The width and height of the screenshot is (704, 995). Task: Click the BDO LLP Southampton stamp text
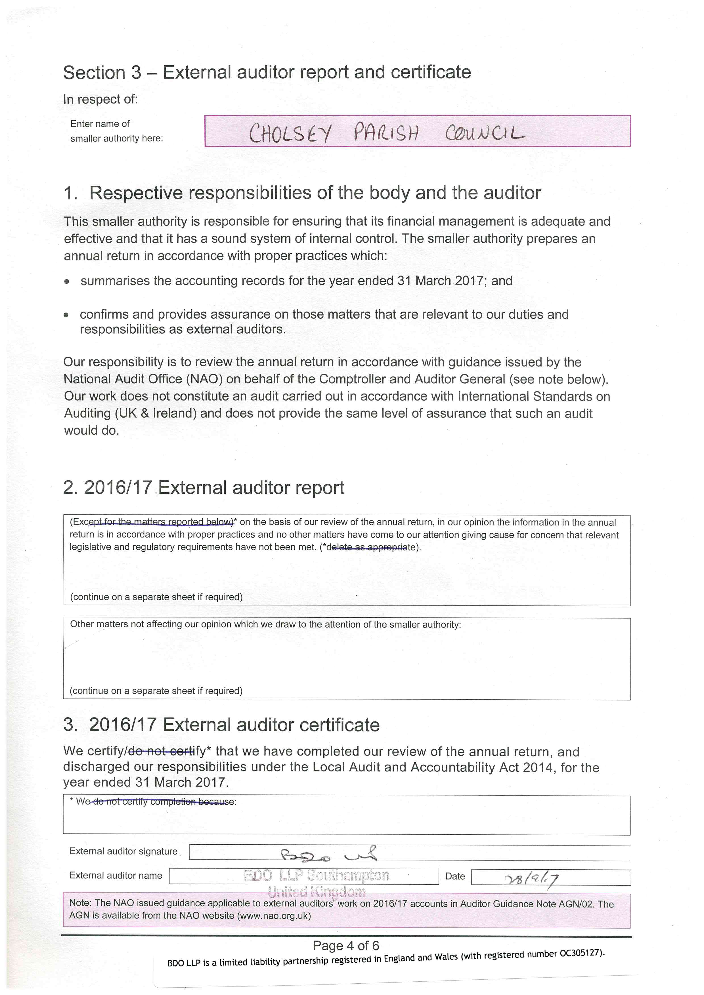coord(317,876)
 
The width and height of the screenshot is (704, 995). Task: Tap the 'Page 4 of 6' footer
coord(346,946)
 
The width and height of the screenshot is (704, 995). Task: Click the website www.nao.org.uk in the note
coord(274,916)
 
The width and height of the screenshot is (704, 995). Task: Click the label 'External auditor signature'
coord(123,851)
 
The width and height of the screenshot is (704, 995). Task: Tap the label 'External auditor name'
coord(116,875)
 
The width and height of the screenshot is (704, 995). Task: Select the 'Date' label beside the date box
coord(455,876)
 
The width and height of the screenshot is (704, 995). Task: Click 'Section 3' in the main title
coord(102,72)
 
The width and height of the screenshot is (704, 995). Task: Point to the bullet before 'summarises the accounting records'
coord(66,282)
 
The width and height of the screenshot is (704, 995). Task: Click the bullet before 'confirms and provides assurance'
coord(66,315)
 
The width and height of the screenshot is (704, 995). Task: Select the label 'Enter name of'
coord(100,124)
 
